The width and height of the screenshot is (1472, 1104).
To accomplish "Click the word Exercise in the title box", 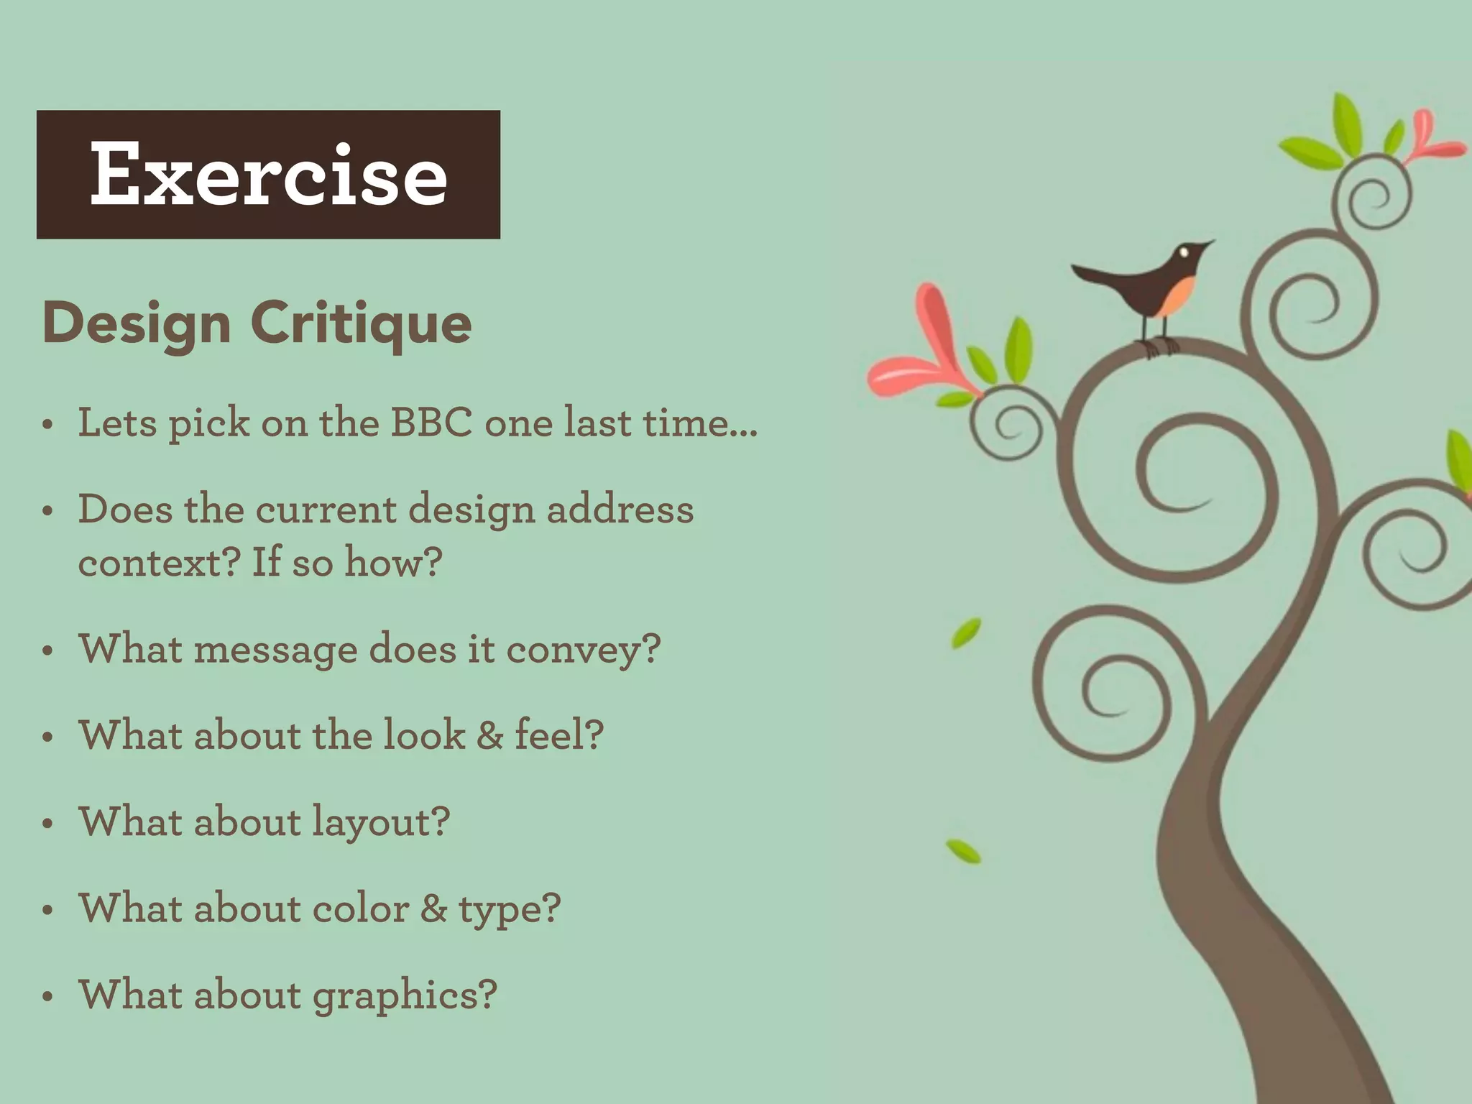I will [x=269, y=174].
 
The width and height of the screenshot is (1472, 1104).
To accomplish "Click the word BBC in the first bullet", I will [x=431, y=423].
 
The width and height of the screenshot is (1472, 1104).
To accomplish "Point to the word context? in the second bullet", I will [x=159, y=563].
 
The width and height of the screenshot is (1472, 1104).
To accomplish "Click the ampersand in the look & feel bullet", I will [x=489, y=736].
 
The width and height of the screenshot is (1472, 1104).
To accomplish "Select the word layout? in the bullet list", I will [x=381, y=823].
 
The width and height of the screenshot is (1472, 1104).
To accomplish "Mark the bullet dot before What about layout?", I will [x=48, y=824].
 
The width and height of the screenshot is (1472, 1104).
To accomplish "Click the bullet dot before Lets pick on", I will [x=48, y=424].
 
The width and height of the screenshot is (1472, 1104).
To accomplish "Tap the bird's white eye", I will [x=1183, y=252].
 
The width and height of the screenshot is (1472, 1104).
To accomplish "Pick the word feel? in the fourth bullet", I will [x=559, y=736].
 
